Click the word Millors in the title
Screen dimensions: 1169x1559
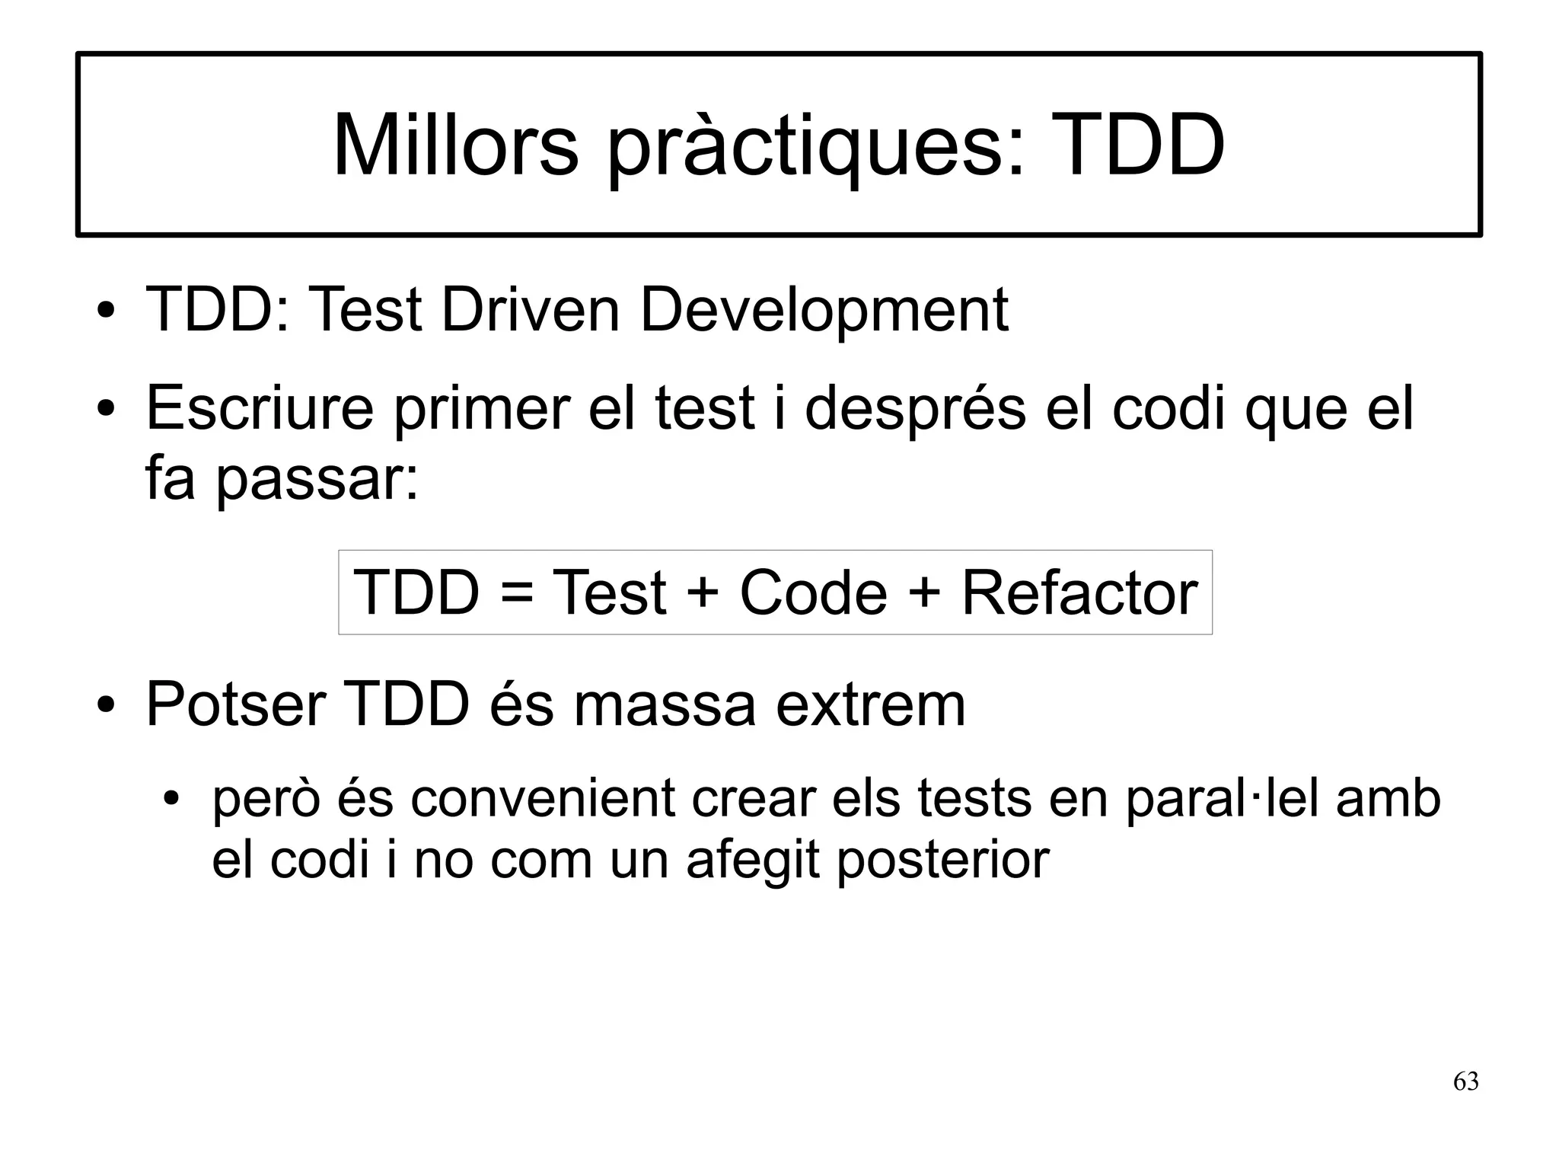tap(455, 145)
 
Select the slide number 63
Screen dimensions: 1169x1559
tap(1465, 1082)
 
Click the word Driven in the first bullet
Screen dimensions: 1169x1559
tap(531, 310)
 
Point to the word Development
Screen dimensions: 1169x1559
tap(824, 311)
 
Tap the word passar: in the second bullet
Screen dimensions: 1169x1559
tap(317, 481)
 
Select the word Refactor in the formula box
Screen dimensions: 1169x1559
tap(1079, 593)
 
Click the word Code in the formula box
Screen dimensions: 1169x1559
tap(813, 593)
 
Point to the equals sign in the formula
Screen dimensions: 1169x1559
tap(517, 594)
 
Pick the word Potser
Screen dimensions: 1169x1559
tap(236, 705)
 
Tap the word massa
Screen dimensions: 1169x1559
tap(665, 705)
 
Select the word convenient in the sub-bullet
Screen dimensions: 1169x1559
tap(543, 800)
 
